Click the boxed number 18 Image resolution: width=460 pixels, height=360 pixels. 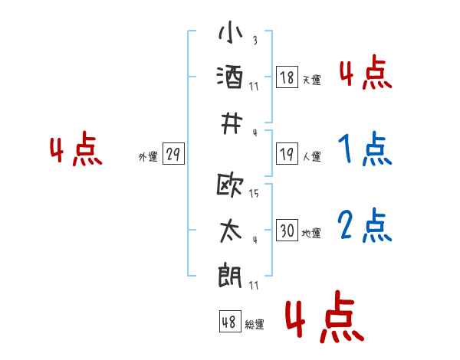(287, 77)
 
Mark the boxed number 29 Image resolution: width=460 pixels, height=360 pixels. (172, 154)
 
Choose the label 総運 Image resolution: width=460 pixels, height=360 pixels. (255, 325)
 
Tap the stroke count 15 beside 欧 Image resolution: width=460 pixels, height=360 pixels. (254, 193)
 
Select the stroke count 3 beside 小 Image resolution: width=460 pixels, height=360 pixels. (254, 41)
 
